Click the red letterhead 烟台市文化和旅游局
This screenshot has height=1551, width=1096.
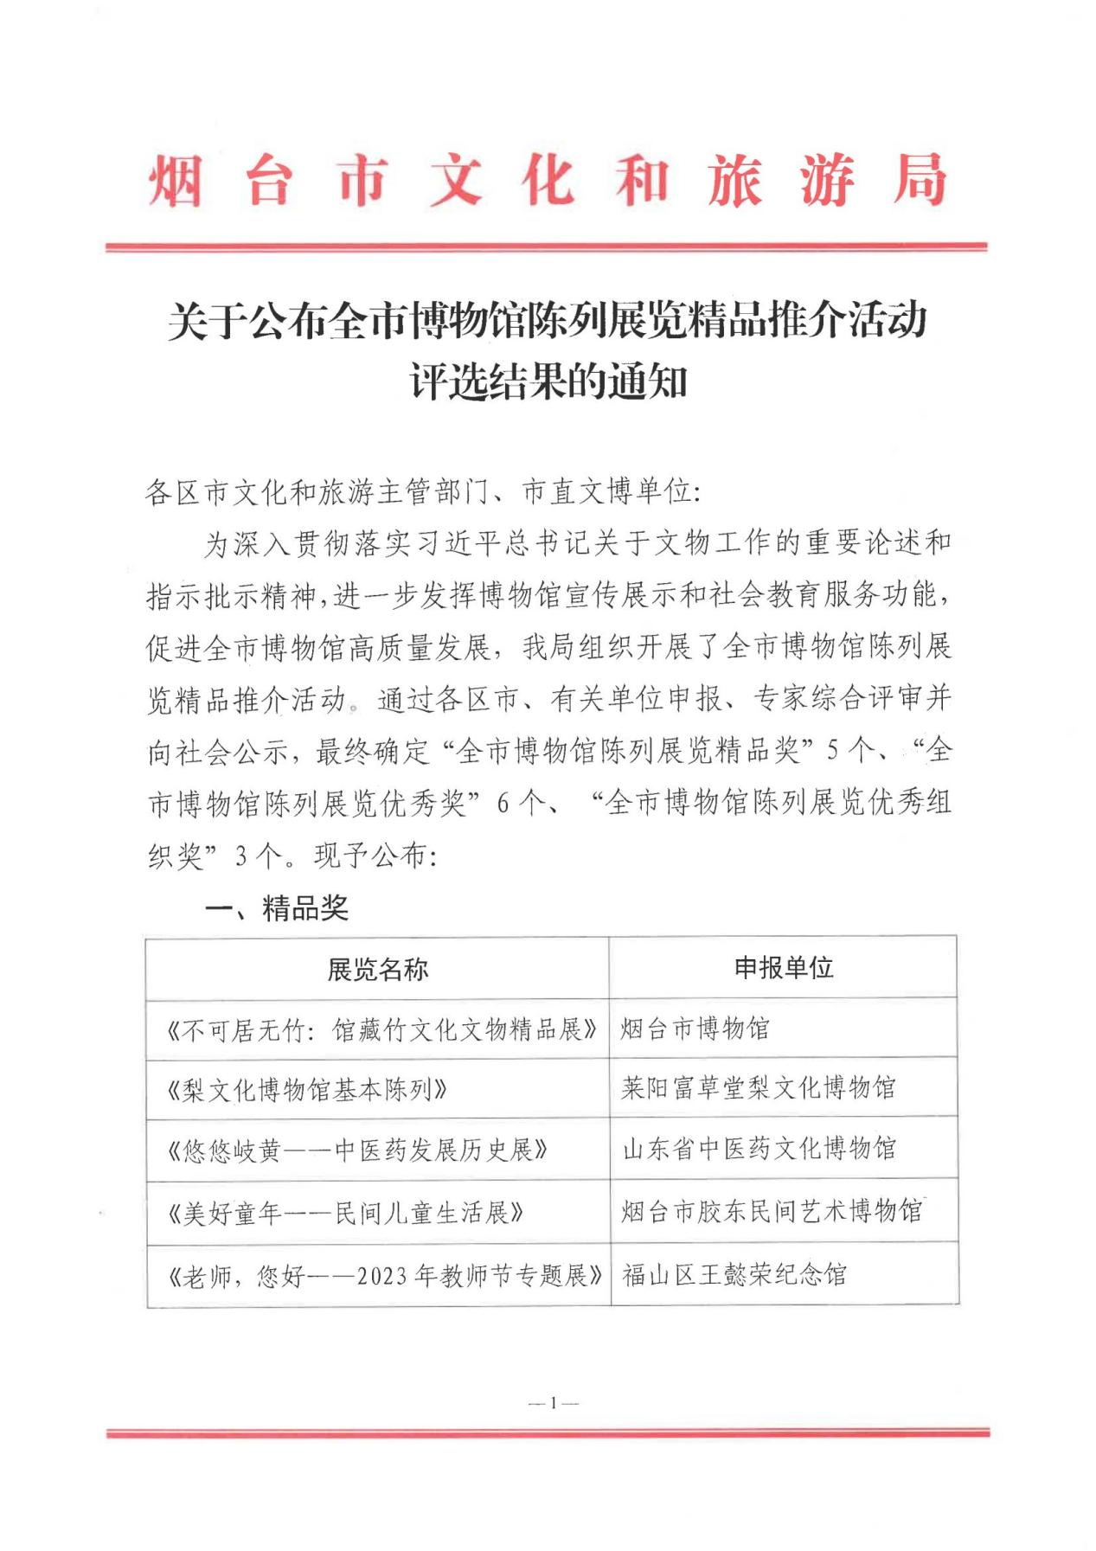547,181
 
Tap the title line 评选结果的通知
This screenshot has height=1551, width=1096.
548,381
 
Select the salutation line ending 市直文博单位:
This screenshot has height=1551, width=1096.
423,492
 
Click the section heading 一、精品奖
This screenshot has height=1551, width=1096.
276,907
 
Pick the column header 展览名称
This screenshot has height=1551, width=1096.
377,969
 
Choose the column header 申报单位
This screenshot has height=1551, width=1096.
783,967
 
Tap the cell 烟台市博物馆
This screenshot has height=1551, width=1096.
695,1029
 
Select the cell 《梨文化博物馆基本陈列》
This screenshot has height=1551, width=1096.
307,1089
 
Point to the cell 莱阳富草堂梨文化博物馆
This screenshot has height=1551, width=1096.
758,1087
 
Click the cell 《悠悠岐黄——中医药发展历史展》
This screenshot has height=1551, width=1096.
357,1150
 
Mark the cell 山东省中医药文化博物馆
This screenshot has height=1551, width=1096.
759,1149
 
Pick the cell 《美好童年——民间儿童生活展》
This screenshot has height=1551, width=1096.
345,1212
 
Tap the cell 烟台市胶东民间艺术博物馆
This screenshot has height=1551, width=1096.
771,1210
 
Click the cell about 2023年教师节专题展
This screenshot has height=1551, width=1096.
384,1275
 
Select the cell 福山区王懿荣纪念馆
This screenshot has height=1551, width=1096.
734,1274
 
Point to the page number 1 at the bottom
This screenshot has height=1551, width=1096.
553,1402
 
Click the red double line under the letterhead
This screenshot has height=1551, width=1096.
547,247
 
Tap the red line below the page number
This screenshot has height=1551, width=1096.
548,1433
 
